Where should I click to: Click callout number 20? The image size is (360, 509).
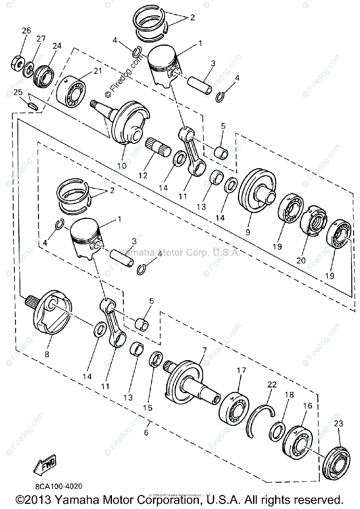tap(301, 261)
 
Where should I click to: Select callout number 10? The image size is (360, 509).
tap(122, 165)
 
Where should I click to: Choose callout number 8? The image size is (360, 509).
tap(46, 354)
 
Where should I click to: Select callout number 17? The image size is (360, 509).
tap(241, 371)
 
